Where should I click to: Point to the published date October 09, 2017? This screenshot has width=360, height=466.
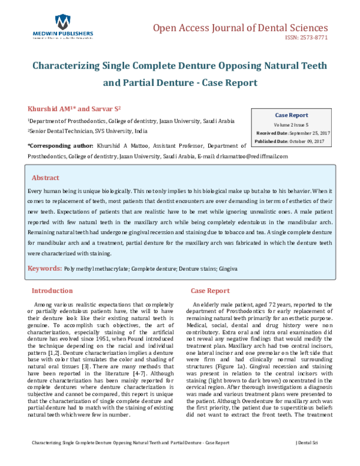click(304, 141)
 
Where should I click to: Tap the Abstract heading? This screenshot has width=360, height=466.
click(46, 178)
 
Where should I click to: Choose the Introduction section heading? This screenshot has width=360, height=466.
click(56, 291)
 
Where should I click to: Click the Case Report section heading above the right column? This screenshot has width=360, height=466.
click(209, 291)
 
